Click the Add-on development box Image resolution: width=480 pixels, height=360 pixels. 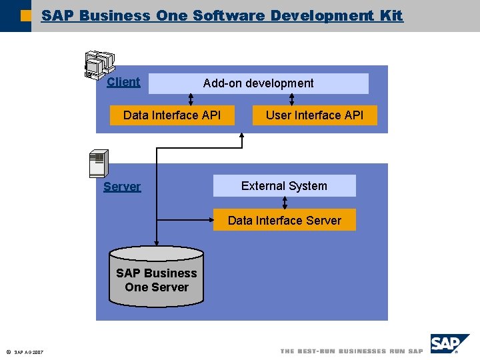click(258, 83)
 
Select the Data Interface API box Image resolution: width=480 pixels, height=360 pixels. click(172, 115)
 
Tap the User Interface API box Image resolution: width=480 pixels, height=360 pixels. click(314, 115)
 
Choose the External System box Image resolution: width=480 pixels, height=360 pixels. click(284, 186)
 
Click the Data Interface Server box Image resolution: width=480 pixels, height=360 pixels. click(284, 220)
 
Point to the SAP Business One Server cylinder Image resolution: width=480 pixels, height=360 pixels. click(157, 279)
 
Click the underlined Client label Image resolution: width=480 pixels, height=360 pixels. click(123, 82)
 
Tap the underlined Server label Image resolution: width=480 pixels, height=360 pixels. click(122, 187)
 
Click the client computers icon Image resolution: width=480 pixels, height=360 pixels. click(97, 64)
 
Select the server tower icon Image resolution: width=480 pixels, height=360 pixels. click(98, 164)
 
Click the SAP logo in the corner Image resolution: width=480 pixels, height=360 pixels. click(448, 345)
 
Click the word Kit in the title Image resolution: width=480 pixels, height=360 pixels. click(391, 15)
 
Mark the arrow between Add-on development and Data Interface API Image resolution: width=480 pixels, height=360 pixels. click(191, 99)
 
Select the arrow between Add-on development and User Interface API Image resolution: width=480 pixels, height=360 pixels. click(291, 99)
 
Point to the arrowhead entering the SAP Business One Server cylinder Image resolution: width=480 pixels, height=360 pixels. click(157, 243)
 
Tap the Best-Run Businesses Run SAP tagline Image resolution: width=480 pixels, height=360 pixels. click(351, 351)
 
